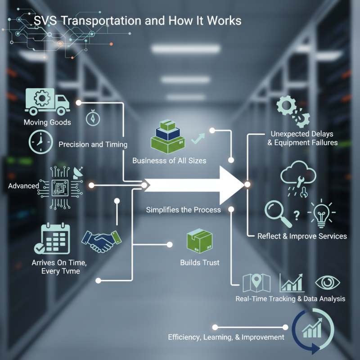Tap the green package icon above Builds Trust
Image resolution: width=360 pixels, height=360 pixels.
(199, 243)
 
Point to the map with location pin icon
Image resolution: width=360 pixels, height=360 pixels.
(256, 283)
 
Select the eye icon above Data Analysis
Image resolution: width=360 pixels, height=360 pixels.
(327, 283)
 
